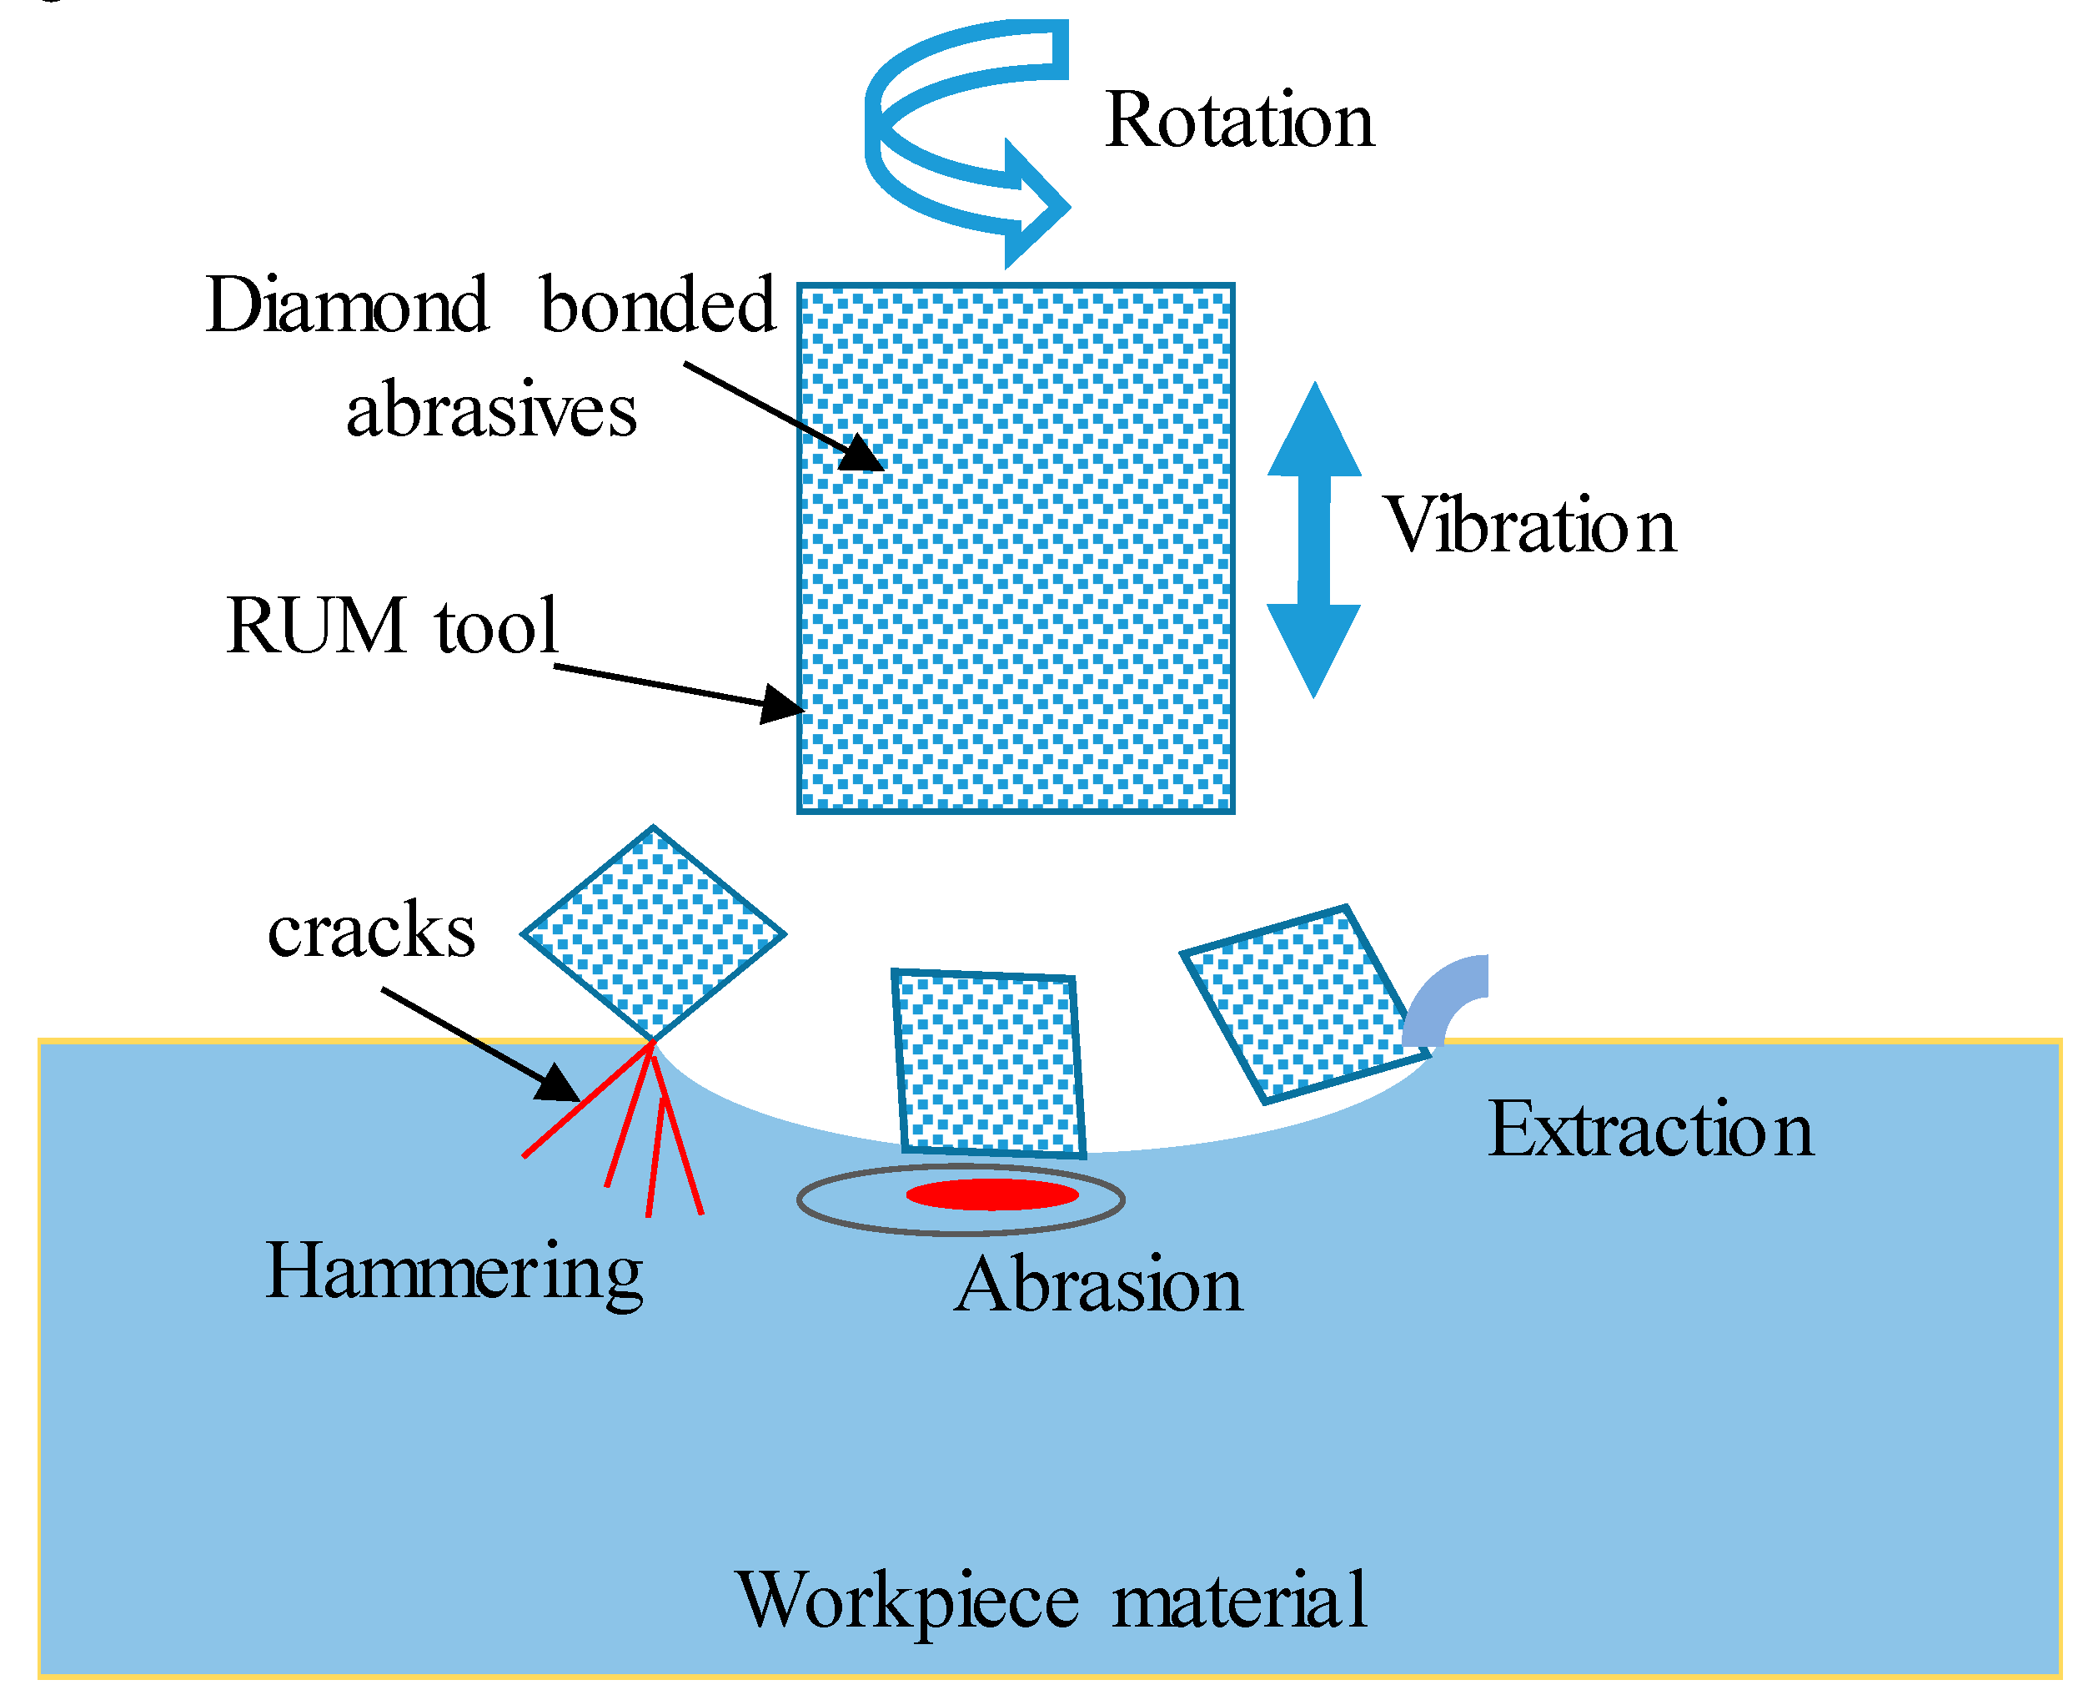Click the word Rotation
pyautogui.click(x=1238, y=120)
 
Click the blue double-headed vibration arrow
pyautogui.click(x=1314, y=540)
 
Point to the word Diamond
pyautogui.click(x=347, y=305)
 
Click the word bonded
pyautogui.click(x=658, y=305)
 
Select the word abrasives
pyautogui.click(x=491, y=410)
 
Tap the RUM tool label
pyautogui.click(x=392, y=626)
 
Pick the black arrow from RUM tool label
pyautogui.click(x=675, y=687)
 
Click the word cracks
pyautogui.click(x=371, y=930)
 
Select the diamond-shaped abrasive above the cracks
pyautogui.click(x=653, y=933)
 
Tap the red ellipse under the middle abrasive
pyautogui.click(x=991, y=1195)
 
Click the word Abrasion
pyautogui.click(x=1098, y=1285)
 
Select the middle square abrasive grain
pyautogui.click(x=989, y=1064)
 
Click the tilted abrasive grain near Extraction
pyautogui.click(x=1302, y=1003)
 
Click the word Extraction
pyautogui.click(x=1650, y=1130)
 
